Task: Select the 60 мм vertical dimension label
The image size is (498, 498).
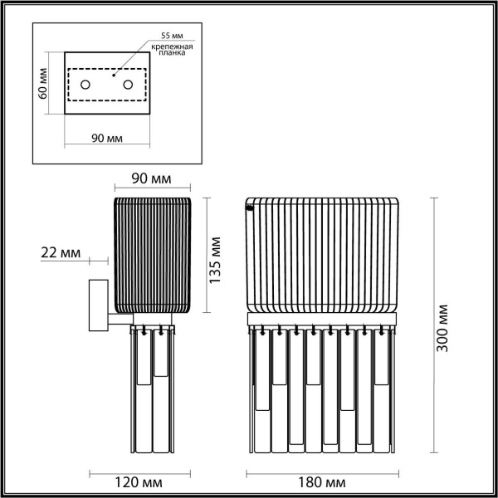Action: point(43,84)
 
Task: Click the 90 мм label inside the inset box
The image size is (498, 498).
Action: point(105,138)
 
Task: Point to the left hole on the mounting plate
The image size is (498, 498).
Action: point(85,84)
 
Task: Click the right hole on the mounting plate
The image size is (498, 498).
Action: point(128,84)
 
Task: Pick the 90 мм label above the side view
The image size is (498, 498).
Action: point(152,179)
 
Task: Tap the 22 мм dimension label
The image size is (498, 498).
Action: point(59,253)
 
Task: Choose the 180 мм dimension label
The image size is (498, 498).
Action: point(320,481)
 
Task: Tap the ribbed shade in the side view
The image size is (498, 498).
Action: point(152,254)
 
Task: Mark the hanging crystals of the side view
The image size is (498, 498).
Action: point(154,390)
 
